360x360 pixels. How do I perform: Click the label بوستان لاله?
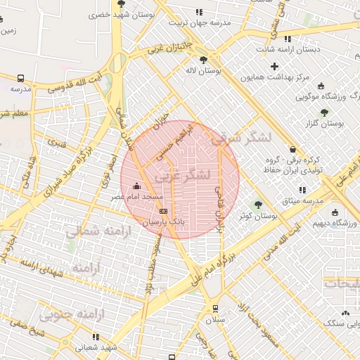(204, 71)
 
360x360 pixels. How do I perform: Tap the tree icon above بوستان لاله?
(204, 60)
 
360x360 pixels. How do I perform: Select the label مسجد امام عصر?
(136, 198)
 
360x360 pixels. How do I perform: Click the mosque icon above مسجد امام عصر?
(136, 186)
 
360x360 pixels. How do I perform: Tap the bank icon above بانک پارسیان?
(164, 210)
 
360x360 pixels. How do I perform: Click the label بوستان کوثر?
(258, 217)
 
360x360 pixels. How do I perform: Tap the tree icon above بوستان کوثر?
(257, 205)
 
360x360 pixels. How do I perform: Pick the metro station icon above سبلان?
(215, 308)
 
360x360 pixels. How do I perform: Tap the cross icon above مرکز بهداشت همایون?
(274, 66)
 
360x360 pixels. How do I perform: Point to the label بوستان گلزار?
(338, 124)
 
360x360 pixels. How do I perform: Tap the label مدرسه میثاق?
(303, 201)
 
